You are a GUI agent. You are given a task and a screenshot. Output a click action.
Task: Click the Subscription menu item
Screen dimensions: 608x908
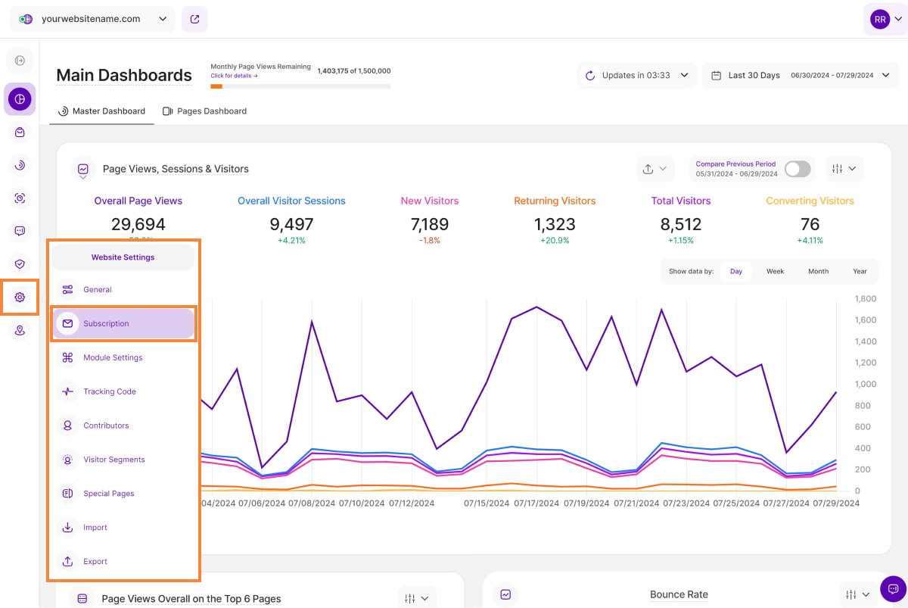tap(106, 323)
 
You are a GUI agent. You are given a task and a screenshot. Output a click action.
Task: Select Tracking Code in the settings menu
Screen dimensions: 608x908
tap(110, 391)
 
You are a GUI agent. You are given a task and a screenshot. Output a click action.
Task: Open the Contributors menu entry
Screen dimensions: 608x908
tap(106, 426)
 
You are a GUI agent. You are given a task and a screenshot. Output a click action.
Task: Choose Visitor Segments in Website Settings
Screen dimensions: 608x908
tap(113, 460)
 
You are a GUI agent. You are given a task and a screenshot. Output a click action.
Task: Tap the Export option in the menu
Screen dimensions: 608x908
tap(95, 562)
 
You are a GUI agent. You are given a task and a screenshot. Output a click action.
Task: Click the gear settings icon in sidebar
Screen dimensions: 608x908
tap(20, 298)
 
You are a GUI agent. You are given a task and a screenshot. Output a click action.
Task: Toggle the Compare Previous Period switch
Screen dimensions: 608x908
tap(798, 169)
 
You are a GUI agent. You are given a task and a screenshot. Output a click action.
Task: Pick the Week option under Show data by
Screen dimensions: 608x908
tap(775, 271)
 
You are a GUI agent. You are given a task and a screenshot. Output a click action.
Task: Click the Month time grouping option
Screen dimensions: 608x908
tap(818, 271)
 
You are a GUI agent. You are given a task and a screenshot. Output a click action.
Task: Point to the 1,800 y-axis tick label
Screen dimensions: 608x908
tap(865, 299)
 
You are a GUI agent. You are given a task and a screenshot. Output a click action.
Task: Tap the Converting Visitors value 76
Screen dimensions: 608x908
tap(810, 225)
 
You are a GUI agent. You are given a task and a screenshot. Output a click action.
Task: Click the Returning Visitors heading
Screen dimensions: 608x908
tap(555, 201)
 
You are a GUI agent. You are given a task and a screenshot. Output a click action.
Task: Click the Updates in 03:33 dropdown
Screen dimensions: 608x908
tap(637, 76)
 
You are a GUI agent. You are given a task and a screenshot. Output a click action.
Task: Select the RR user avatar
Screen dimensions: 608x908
tap(879, 19)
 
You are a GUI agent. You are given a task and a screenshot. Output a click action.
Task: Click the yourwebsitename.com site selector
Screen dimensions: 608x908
tap(92, 19)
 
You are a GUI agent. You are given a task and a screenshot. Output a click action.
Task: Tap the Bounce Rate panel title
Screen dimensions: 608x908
tap(679, 594)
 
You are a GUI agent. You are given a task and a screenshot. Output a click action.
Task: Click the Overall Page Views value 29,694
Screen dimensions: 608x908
tap(138, 225)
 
